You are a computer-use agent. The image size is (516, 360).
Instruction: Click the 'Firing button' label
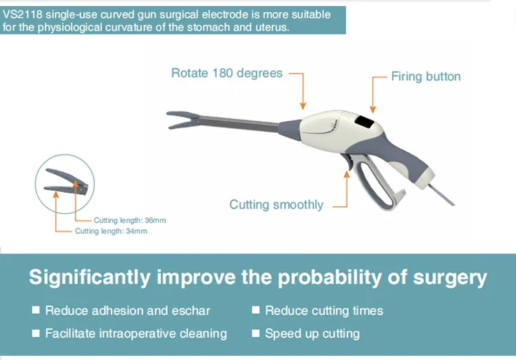click(425, 76)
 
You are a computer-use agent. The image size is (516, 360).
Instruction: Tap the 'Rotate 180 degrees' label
click(227, 73)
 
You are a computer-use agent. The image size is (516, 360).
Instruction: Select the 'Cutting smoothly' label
click(277, 204)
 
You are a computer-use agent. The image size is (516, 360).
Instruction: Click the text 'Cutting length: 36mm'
click(129, 220)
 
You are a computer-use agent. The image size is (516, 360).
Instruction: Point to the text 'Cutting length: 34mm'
click(111, 231)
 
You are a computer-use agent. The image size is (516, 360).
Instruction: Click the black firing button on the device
click(365, 123)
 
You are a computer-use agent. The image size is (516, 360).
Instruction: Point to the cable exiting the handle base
click(441, 195)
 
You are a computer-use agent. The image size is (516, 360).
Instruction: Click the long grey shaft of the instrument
click(239, 123)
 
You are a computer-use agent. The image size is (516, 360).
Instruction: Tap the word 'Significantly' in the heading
click(89, 277)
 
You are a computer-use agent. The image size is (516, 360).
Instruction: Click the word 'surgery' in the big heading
click(450, 277)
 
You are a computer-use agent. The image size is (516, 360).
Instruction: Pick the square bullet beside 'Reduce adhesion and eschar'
click(36, 310)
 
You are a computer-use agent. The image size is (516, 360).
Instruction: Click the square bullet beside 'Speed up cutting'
click(256, 333)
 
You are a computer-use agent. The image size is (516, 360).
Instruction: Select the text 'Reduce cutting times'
click(324, 310)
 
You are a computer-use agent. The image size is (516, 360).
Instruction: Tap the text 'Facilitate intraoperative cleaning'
click(136, 333)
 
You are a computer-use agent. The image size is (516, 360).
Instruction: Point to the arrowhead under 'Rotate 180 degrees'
click(303, 106)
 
